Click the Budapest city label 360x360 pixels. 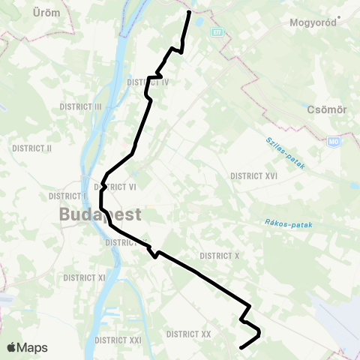click(x=100, y=215)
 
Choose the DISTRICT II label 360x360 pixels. click(x=33, y=148)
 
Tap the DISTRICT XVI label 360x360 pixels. click(x=254, y=175)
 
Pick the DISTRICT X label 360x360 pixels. click(x=220, y=256)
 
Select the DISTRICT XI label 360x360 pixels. click(x=84, y=277)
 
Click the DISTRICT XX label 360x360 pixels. click(x=189, y=334)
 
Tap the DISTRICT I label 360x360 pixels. click(x=64, y=196)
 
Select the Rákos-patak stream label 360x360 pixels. click(x=288, y=223)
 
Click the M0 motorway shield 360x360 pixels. click(x=334, y=141)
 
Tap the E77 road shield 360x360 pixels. click(x=217, y=32)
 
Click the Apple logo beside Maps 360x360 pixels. click(x=12, y=347)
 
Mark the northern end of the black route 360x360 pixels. click(x=189, y=12)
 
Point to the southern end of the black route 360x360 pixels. click(x=240, y=348)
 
